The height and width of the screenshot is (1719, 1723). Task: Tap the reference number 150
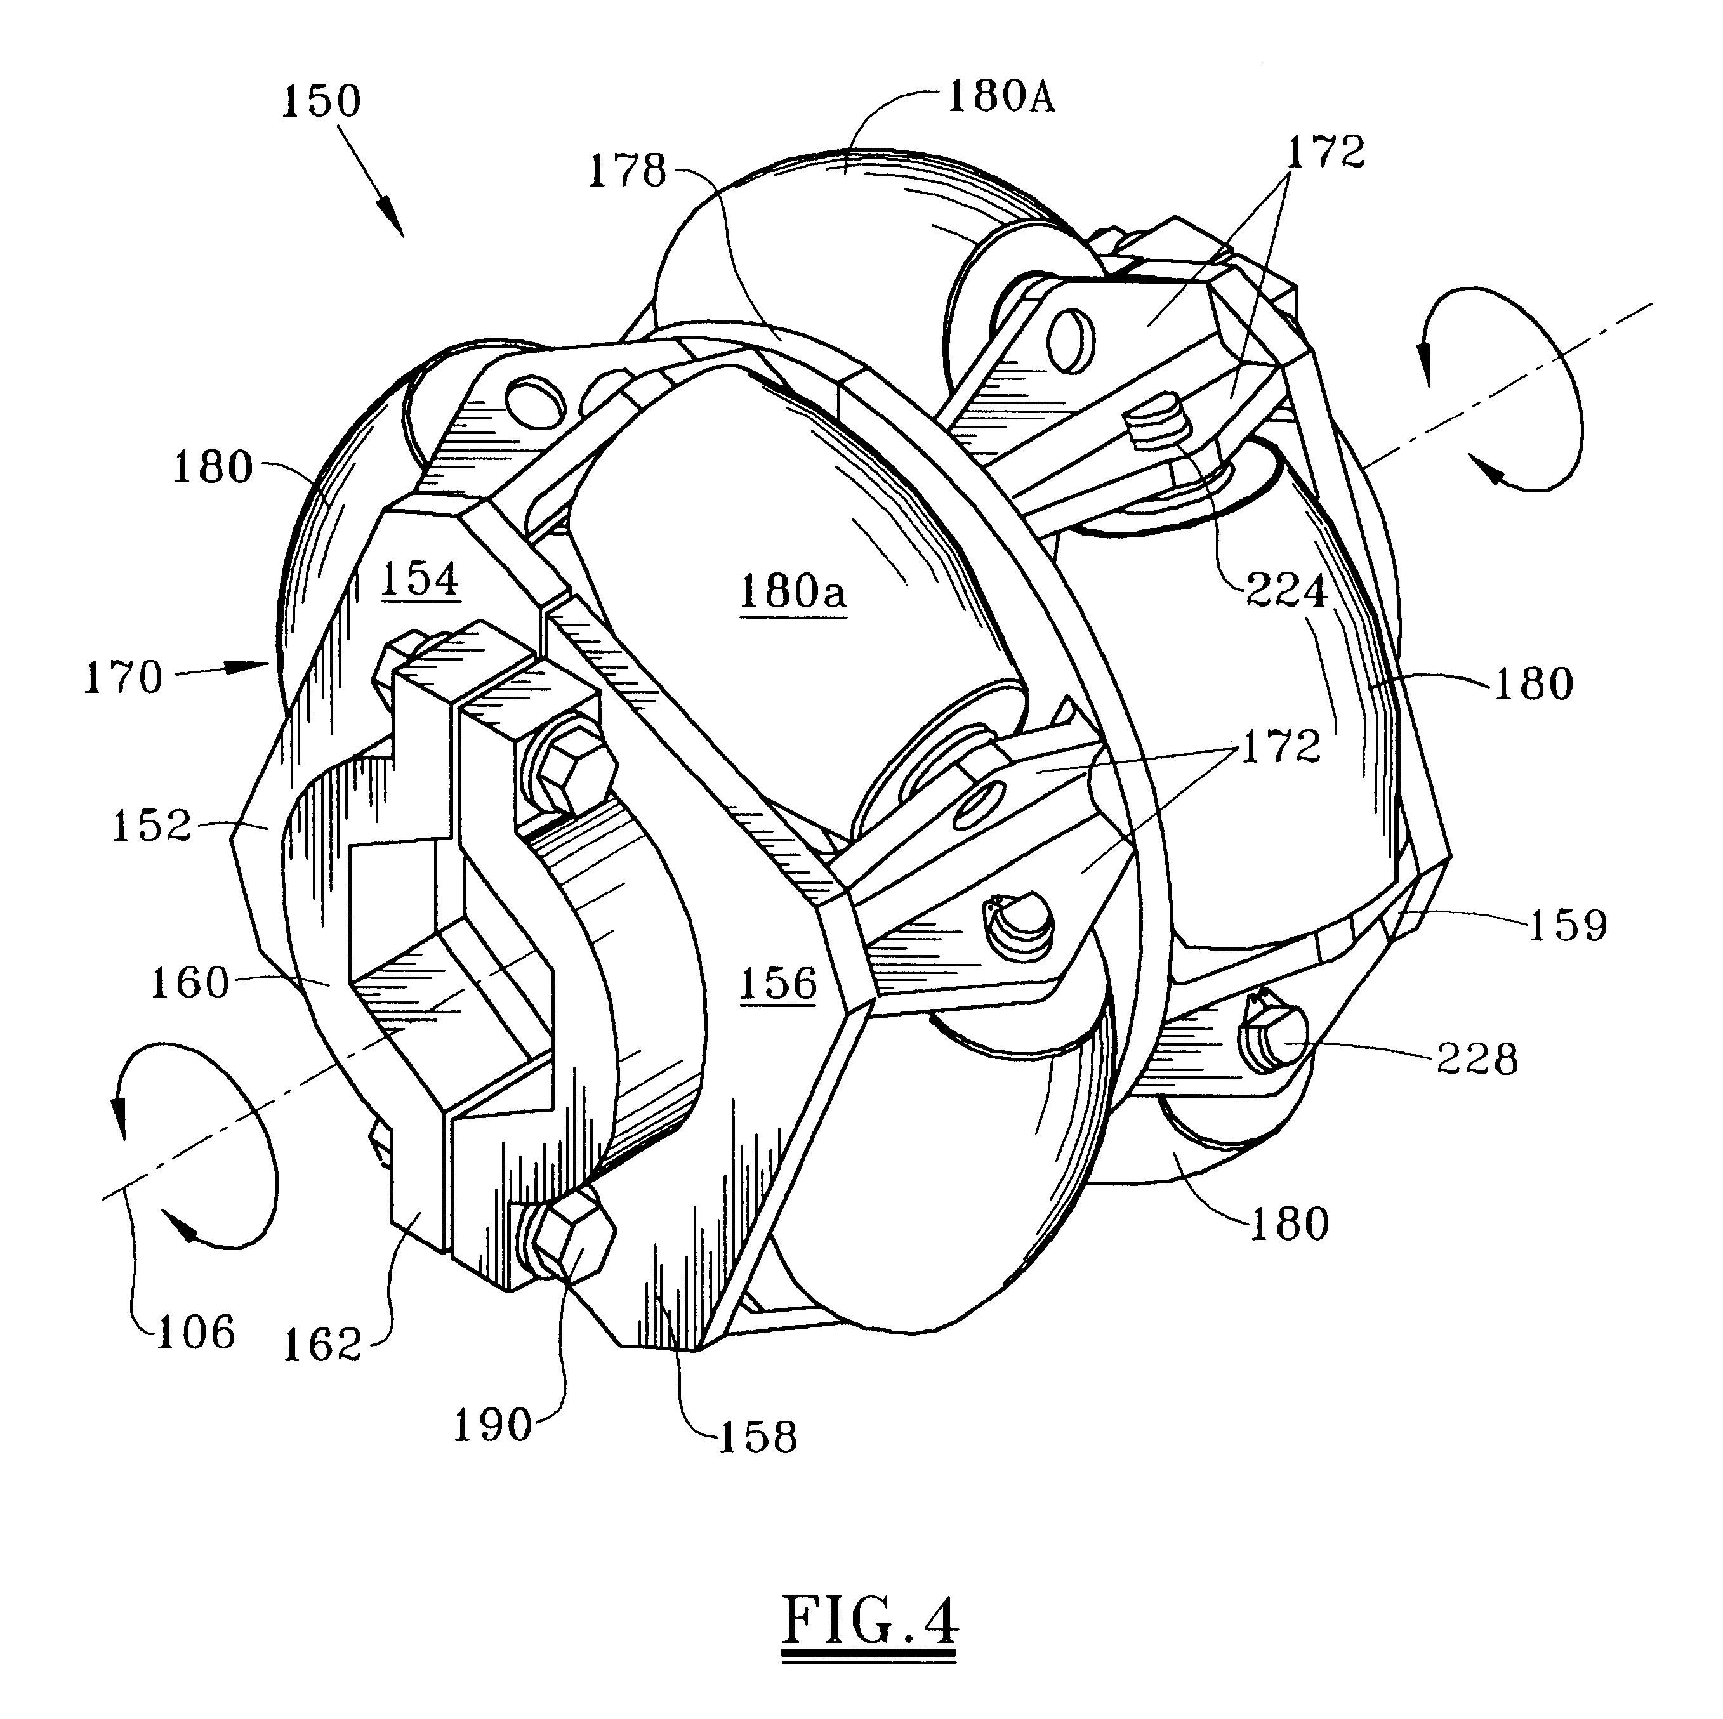coord(321,101)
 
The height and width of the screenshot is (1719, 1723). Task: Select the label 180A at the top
coord(1001,96)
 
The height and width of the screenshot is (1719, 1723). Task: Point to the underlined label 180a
coord(792,592)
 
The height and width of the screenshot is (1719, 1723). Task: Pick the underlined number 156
coord(777,982)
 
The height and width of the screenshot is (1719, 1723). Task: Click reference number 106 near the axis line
coord(195,1332)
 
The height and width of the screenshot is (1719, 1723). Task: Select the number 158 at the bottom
coord(757,1437)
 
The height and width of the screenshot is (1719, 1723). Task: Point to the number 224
coord(1285,590)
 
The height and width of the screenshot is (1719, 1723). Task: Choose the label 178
coord(627,170)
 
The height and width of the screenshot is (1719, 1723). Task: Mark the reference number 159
coord(1568,925)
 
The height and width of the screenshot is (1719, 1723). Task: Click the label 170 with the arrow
coord(123,678)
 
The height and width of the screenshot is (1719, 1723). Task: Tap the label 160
coord(190,982)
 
